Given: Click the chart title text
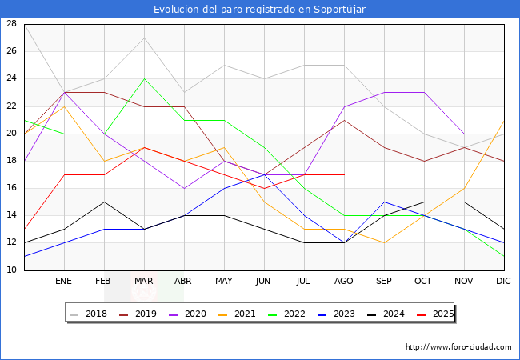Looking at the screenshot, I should click(260, 9).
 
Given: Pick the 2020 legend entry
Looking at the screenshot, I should click(190, 314).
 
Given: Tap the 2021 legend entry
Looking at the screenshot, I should click(238, 314).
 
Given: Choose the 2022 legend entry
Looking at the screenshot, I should click(287, 314).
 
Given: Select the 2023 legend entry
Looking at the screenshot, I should click(336, 314).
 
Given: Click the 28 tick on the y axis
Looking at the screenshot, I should click(11, 24).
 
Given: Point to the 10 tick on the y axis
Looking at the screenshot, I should click(11, 270).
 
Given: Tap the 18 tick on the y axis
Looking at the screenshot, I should click(11, 161).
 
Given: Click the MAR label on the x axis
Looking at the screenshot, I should click(144, 282).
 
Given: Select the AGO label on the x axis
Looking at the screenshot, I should click(344, 282).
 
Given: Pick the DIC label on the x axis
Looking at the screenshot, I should click(504, 282).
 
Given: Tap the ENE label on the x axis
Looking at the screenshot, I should click(64, 282).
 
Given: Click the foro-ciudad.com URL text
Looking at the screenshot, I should click(458, 347).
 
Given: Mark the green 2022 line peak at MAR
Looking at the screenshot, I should click(144, 78).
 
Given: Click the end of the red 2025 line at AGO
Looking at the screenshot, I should click(344, 174).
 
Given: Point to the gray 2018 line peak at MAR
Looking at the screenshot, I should click(144, 38).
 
